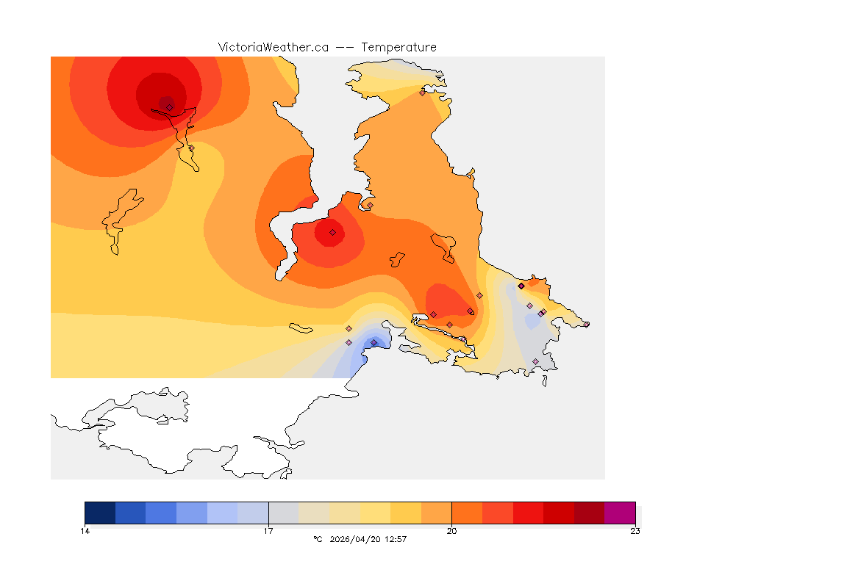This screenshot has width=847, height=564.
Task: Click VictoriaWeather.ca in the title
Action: tap(273, 47)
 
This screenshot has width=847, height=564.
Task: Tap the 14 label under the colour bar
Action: tap(85, 531)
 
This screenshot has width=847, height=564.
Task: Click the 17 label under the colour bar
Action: tap(268, 531)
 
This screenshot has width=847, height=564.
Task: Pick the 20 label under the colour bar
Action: tap(451, 531)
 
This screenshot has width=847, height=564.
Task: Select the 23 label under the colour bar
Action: tap(635, 531)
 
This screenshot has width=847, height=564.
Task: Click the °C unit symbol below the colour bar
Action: tap(318, 539)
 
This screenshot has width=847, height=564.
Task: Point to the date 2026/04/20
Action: tap(357, 539)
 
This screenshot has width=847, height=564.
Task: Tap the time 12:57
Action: tap(396, 539)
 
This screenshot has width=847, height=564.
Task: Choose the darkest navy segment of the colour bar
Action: tap(100, 513)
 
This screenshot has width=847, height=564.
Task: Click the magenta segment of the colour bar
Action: tap(619, 513)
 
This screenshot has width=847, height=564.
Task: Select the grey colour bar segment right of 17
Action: tap(283, 513)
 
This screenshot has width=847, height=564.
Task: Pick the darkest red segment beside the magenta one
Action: tap(589, 513)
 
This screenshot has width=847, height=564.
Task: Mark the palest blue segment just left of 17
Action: tap(253, 513)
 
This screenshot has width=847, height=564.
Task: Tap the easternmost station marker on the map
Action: tap(586, 324)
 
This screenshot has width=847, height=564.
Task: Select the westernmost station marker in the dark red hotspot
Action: tap(169, 107)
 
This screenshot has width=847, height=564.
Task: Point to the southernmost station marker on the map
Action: tap(535, 361)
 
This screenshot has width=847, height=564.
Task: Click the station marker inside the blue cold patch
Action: tap(374, 342)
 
